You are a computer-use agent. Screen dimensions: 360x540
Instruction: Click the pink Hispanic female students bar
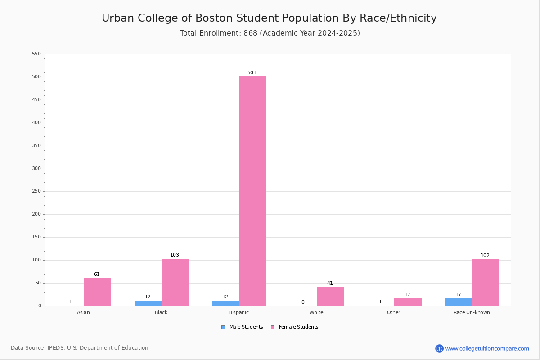point(252,191)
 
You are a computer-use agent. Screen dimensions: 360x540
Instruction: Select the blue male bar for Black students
point(148,303)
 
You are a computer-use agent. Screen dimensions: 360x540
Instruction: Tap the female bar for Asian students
point(97,292)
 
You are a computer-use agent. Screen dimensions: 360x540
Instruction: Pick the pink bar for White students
point(330,297)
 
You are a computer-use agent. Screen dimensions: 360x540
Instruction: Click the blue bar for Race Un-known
point(459,302)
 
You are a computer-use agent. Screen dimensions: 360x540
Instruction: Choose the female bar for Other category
point(408,302)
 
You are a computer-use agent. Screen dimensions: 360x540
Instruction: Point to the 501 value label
point(252,72)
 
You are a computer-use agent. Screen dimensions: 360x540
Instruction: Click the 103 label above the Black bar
point(174,255)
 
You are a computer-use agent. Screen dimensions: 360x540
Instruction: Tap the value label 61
point(97,274)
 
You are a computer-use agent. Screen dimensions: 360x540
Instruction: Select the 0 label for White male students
point(303,302)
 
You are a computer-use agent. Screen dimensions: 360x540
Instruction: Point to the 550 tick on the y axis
point(36,54)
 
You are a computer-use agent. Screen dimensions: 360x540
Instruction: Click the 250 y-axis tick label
point(36,191)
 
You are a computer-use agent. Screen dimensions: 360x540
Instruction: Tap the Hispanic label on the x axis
point(238,312)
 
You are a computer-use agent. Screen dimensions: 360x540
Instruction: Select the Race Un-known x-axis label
point(472,312)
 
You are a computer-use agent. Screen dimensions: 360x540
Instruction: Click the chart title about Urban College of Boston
point(269,18)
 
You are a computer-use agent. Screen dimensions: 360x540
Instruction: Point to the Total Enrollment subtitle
point(270,33)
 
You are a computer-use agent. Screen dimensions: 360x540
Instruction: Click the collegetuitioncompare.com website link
point(487,348)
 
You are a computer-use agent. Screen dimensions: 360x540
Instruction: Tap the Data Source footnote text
point(80,348)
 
